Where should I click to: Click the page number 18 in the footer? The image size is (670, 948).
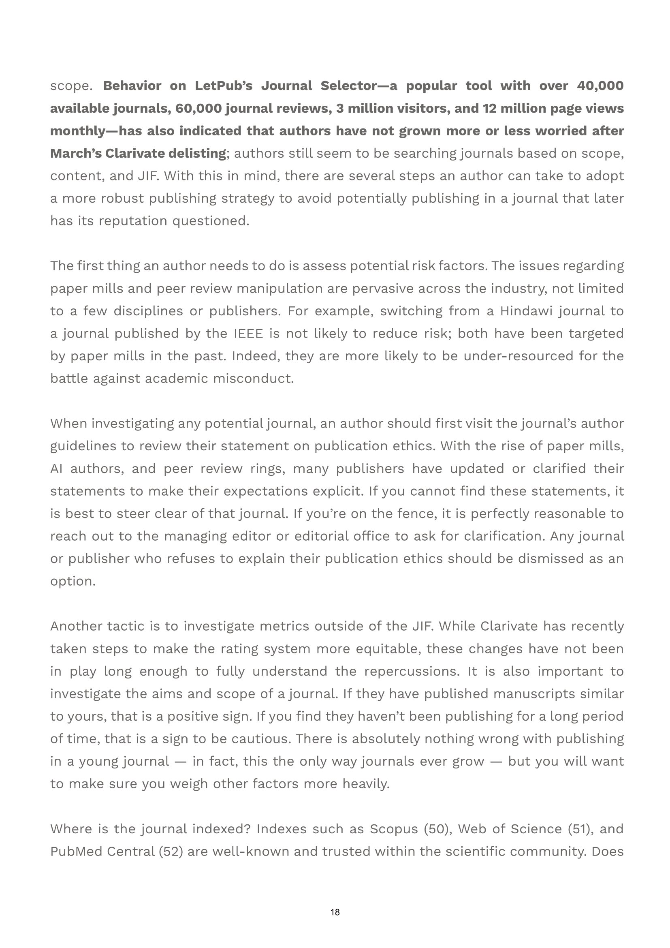tap(335, 912)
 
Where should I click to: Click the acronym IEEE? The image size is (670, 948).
tap(248, 334)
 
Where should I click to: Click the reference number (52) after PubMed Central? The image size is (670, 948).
tap(171, 852)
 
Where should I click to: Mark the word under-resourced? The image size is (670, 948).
tap(519, 356)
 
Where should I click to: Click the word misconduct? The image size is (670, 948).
tap(253, 379)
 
